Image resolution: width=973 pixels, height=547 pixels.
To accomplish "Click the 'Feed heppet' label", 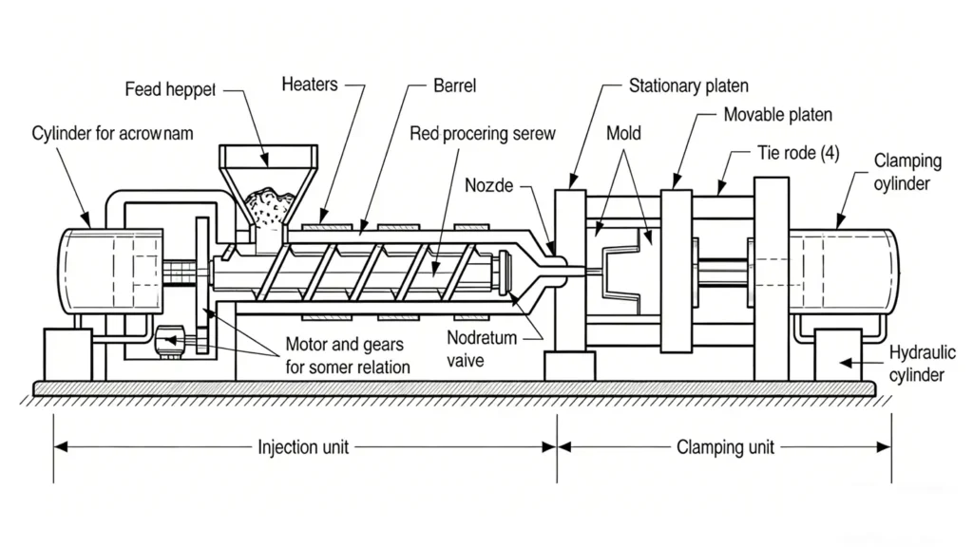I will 171,89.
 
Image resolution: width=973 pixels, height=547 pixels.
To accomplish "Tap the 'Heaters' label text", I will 309,85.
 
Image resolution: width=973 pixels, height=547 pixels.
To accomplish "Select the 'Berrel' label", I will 454,86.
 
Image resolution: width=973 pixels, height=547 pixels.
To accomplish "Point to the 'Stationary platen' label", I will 689,85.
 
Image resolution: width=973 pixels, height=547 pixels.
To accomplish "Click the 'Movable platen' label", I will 777,115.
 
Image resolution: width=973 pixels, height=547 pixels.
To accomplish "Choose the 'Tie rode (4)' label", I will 798,152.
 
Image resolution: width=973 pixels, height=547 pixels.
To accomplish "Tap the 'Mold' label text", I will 623,133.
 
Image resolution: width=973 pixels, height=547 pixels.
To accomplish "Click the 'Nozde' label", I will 488,186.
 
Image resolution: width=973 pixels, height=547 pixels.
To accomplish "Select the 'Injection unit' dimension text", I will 301,446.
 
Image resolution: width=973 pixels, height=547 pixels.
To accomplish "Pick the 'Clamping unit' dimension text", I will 725,446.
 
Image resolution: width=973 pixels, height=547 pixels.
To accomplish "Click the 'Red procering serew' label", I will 483,134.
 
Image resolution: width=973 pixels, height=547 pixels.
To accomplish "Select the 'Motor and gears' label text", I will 348,347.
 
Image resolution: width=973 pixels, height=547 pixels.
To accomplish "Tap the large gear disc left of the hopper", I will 200,285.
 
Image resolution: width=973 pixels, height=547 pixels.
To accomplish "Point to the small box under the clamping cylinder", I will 837,353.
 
